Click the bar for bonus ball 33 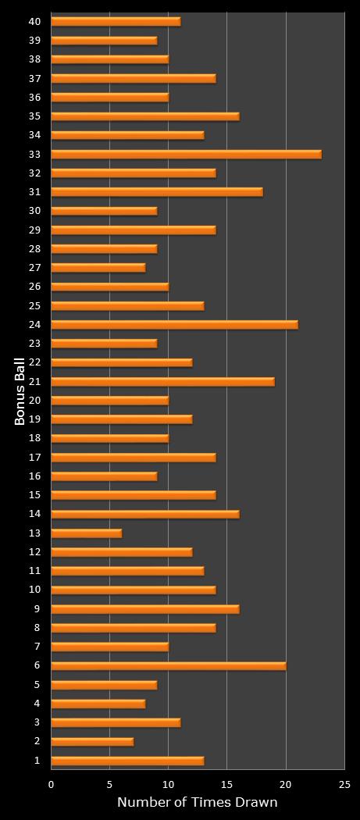186,154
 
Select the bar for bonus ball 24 174,325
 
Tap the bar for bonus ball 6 168,666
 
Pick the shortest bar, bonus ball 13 86,533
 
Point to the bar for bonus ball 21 162,382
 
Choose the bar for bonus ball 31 156,192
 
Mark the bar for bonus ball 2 92,742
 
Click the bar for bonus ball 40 116,21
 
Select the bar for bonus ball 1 127,761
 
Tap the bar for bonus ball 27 98,268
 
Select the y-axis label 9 37,609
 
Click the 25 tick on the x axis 344,783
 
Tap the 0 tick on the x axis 52,783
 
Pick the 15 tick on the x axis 226,783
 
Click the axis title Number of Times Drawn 197,802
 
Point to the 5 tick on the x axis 109,783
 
